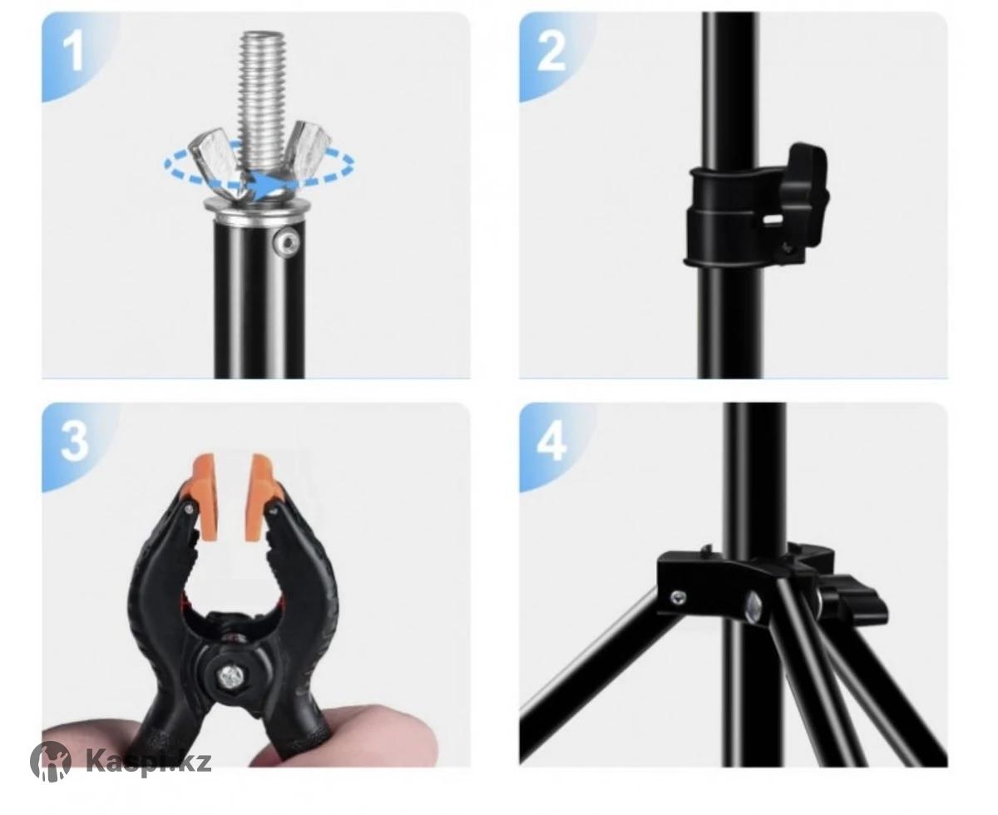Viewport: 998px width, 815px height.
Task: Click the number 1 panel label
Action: (73, 53)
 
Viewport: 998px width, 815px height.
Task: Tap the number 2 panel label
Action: (551, 53)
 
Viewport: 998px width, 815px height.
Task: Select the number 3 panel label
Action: (75, 442)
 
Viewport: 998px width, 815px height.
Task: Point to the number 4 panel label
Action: (551, 442)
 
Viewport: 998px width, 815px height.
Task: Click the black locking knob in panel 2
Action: (803, 194)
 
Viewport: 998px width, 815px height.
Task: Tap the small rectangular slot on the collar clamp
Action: (773, 219)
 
